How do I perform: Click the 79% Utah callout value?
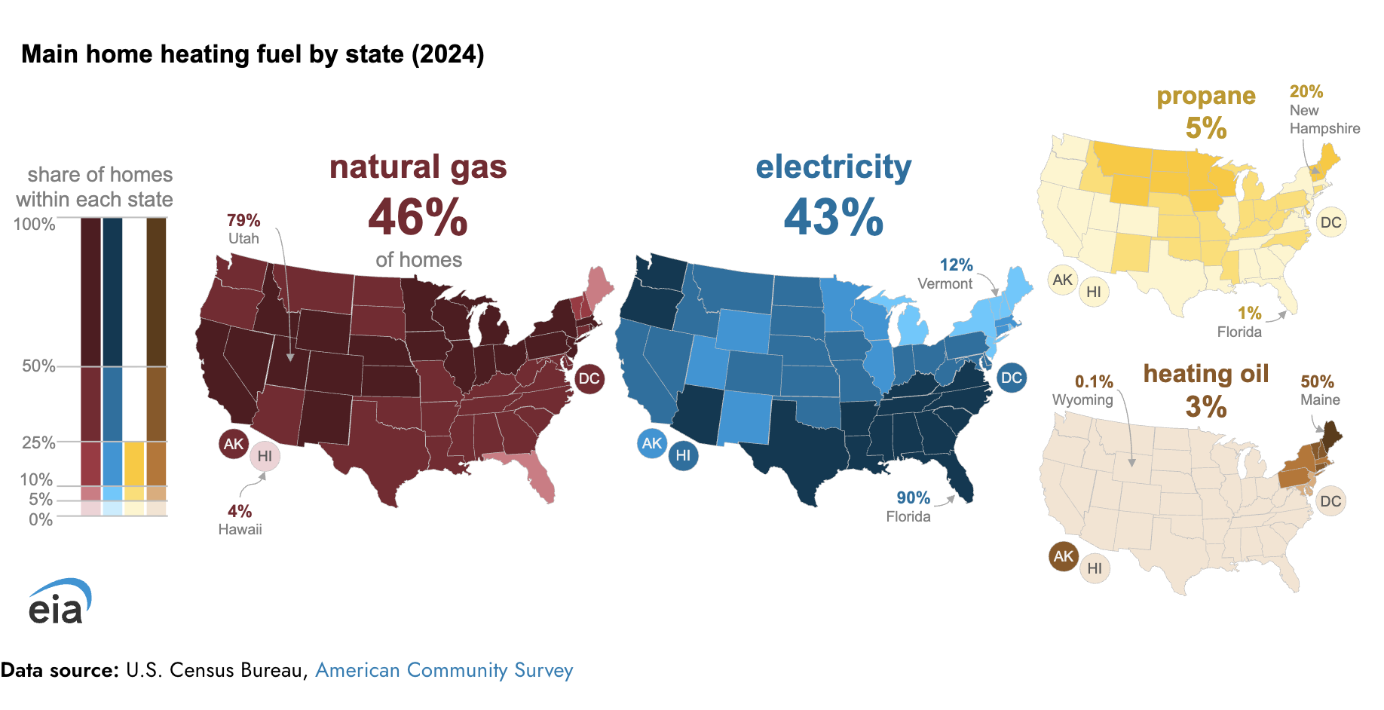[x=243, y=220]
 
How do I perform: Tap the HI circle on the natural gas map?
[x=265, y=456]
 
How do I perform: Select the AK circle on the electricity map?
[x=652, y=443]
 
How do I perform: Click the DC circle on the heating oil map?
[x=1330, y=501]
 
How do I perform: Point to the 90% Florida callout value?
[x=913, y=497]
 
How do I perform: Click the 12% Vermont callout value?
[x=956, y=265]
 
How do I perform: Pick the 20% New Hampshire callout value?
[x=1306, y=91]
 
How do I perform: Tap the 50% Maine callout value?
[x=1317, y=381]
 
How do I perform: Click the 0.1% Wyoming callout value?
[x=1094, y=381]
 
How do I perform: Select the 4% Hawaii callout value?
[x=240, y=511]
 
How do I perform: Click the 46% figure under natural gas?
[x=418, y=217]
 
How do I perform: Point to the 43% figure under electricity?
[x=833, y=217]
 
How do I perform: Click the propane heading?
[x=1206, y=96]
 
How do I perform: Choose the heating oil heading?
[x=1206, y=373]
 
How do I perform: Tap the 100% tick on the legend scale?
[x=34, y=224]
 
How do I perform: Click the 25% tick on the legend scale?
[x=38, y=442]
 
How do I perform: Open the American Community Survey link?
[x=444, y=670]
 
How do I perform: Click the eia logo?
[x=59, y=601]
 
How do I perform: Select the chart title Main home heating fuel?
[x=253, y=54]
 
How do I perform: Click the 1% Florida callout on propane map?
[x=1249, y=313]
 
